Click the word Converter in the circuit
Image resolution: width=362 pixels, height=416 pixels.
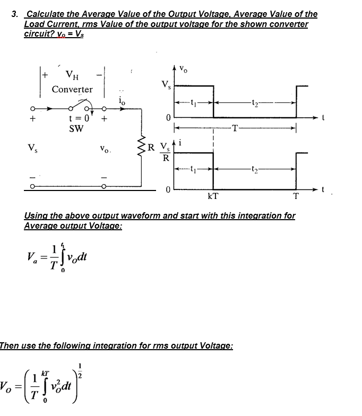click(x=72, y=89)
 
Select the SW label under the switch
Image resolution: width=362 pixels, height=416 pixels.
click(x=76, y=128)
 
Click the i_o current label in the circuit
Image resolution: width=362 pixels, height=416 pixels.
click(x=123, y=100)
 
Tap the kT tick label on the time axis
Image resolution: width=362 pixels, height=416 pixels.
click(x=212, y=196)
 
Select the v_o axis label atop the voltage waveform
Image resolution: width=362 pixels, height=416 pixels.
click(x=184, y=68)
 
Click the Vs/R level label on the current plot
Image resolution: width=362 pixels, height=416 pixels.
click(x=166, y=152)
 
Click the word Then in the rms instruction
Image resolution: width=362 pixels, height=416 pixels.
click(x=10, y=345)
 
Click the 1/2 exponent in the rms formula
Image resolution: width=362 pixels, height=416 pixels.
click(x=81, y=370)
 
